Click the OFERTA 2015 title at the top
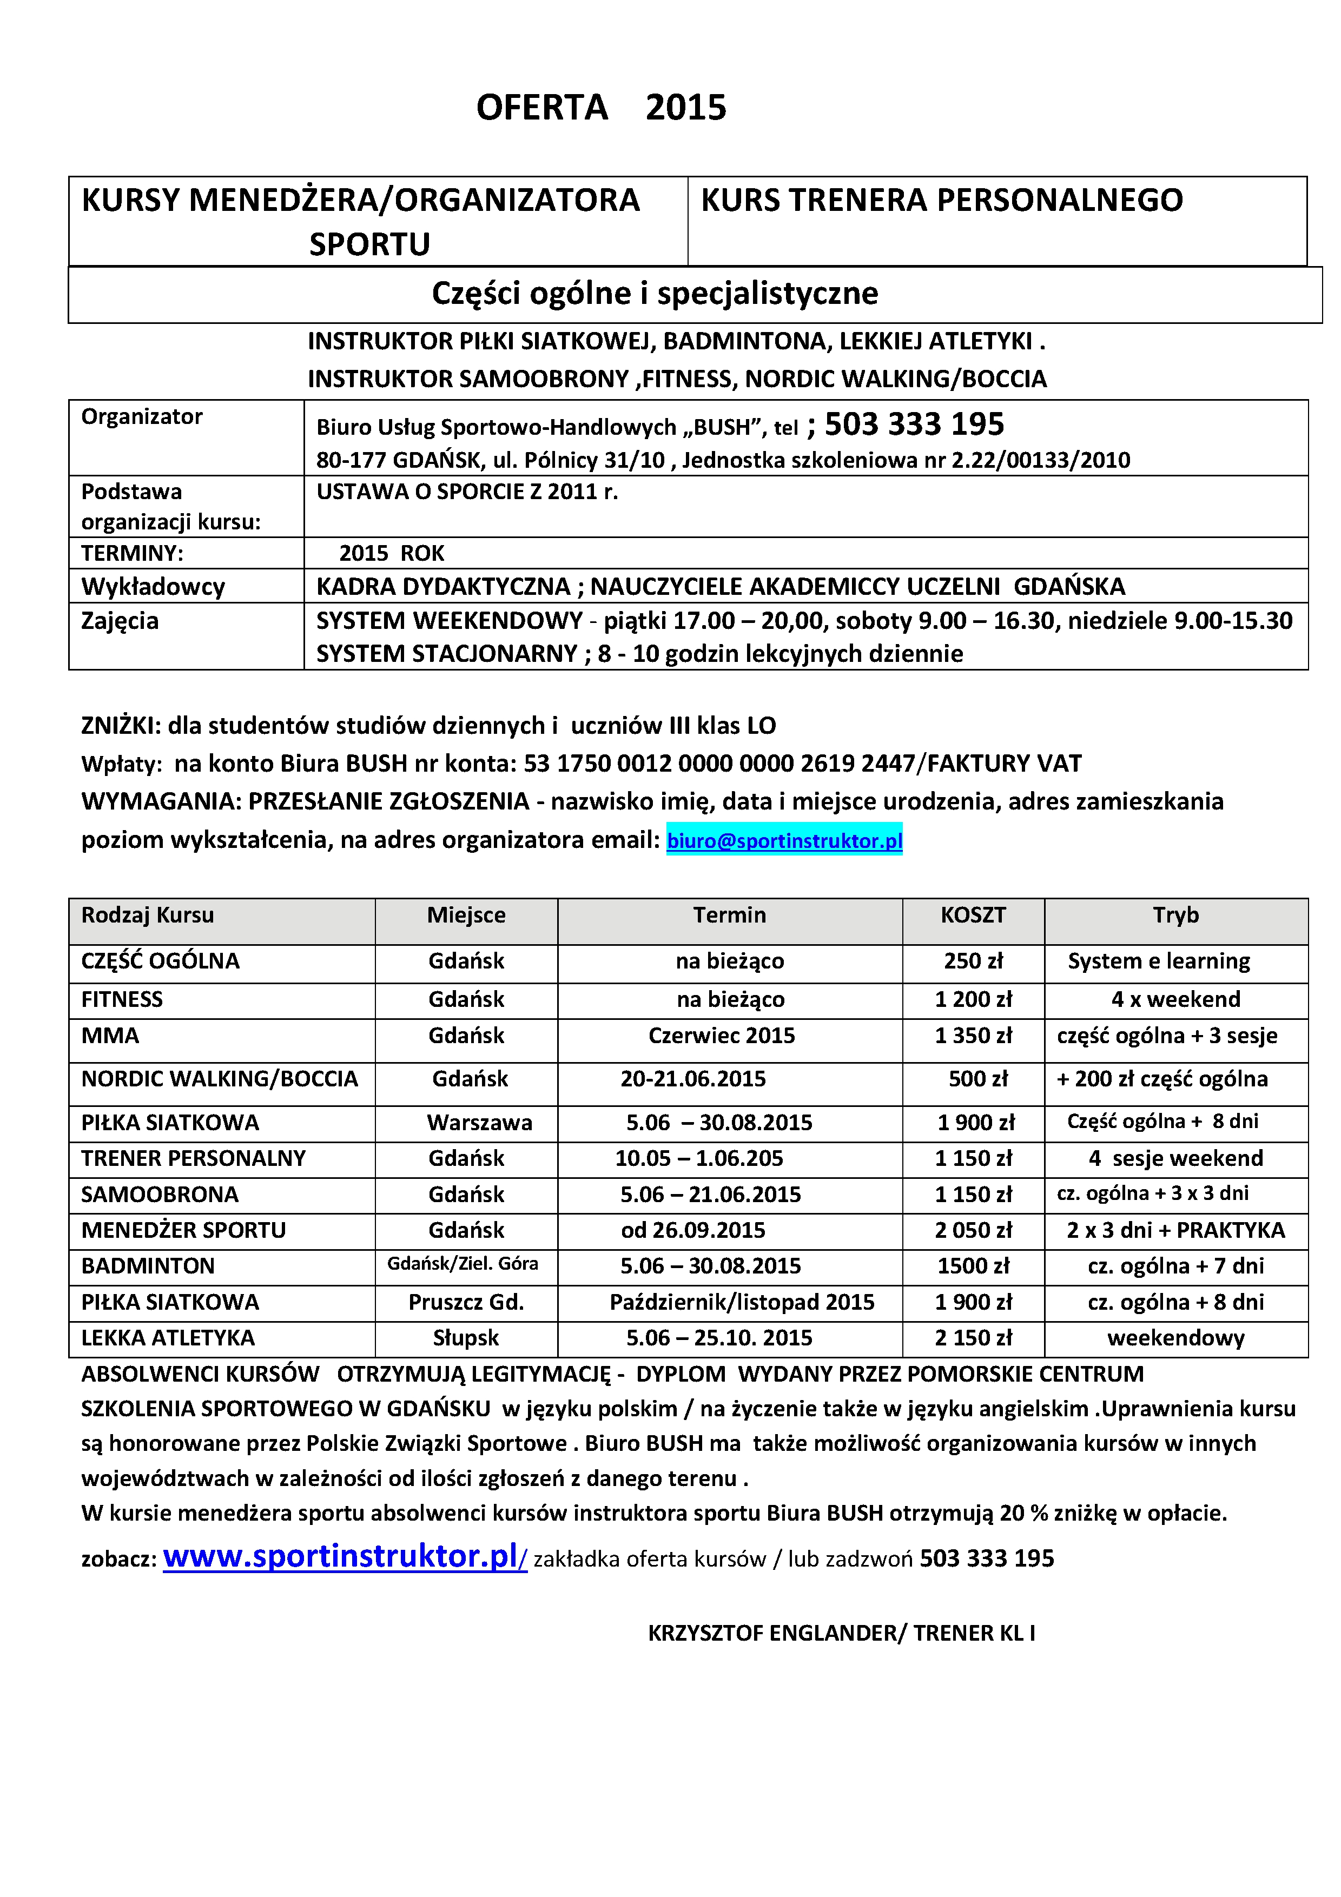[600, 108]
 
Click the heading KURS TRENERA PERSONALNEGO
[941, 201]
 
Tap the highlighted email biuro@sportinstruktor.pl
[784, 840]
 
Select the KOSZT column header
[973, 916]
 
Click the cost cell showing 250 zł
[973, 961]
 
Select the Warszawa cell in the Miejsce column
[479, 1123]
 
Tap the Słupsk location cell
[466, 1338]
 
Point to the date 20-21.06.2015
[693, 1079]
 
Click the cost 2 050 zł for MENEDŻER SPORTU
[973, 1230]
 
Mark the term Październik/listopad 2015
[742, 1302]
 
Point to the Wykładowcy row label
[153, 587]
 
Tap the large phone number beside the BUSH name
[914, 424]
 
